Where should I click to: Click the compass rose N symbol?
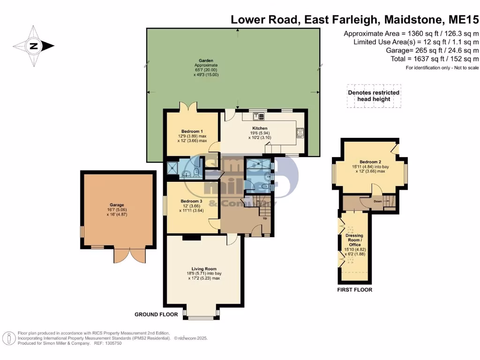click(x=33, y=46)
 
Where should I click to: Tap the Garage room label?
click(x=117, y=205)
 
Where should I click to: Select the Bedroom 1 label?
click(x=192, y=131)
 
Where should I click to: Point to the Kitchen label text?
click(x=260, y=128)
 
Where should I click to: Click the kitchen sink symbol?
click(x=259, y=116)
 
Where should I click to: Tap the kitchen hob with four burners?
click(x=300, y=133)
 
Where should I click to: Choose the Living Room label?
click(x=204, y=269)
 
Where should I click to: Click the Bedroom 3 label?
click(x=191, y=201)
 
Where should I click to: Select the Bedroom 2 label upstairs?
click(x=370, y=162)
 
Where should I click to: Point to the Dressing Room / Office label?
click(x=354, y=240)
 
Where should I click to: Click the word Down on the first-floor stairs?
click(x=378, y=202)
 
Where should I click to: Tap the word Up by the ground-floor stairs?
click(x=265, y=218)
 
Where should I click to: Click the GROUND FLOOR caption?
click(x=156, y=315)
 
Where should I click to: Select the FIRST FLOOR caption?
click(x=355, y=290)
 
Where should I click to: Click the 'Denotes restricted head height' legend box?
click(x=374, y=96)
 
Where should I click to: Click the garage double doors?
click(x=130, y=255)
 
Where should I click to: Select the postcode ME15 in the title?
click(x=464, y=20)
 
